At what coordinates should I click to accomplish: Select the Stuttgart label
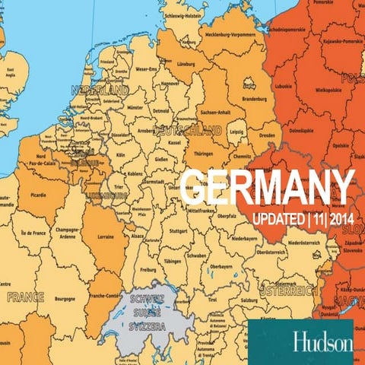click(x=179, y=229)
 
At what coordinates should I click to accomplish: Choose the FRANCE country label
click(x=26, y=297)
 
